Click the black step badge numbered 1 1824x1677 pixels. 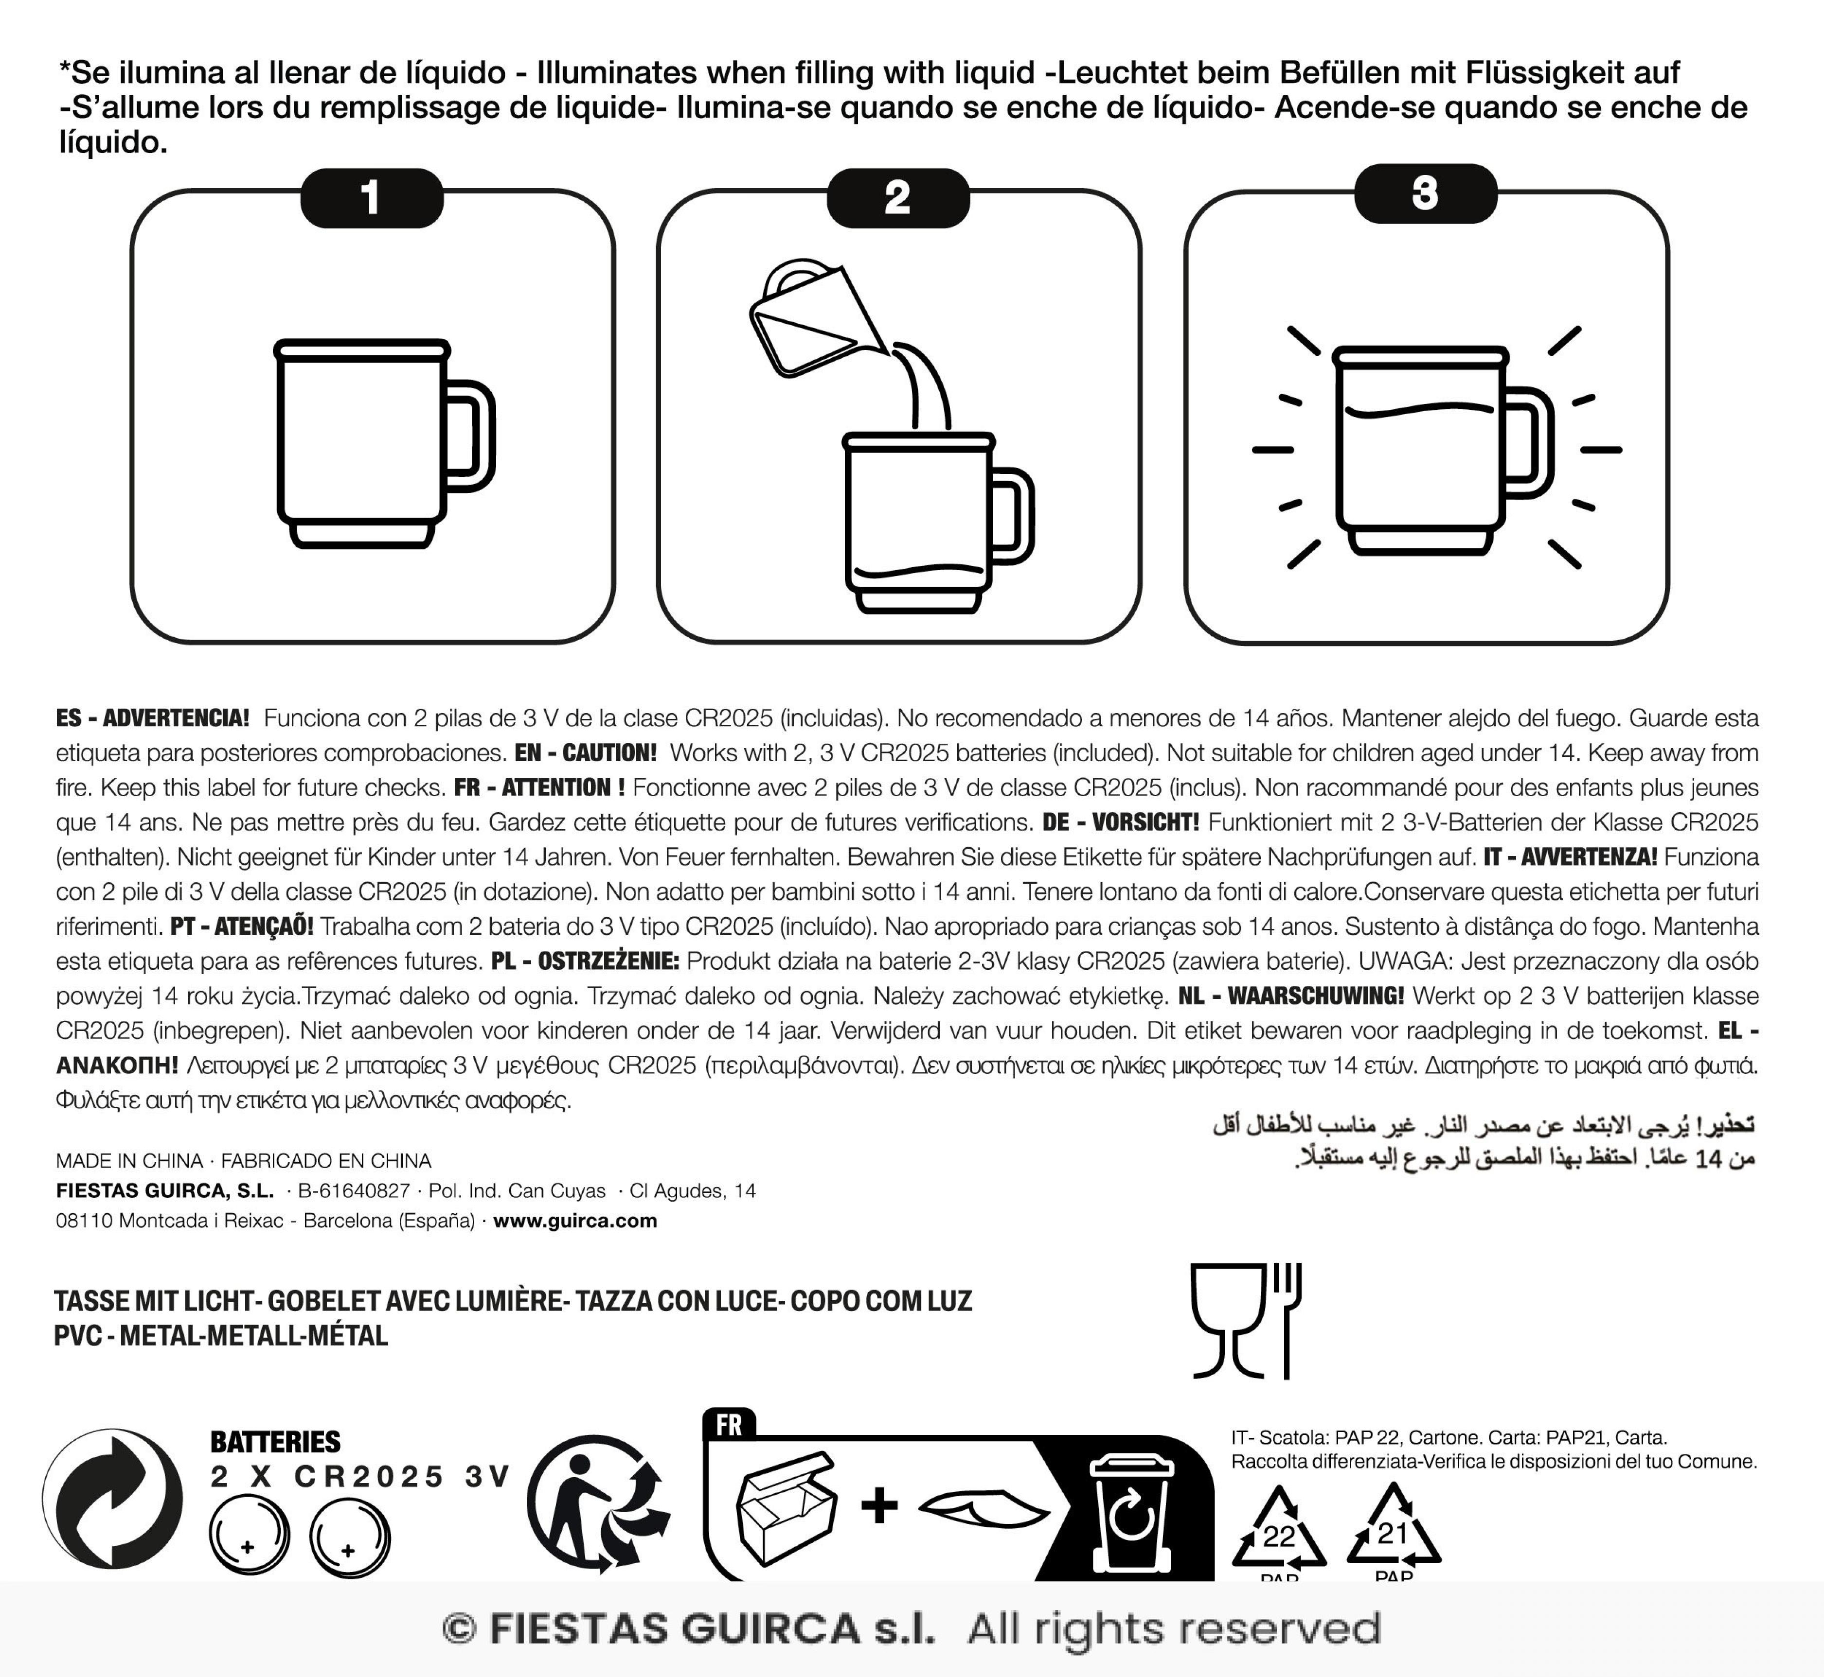(x=371, y=197)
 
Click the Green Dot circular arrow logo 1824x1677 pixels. (x=112, y=1499)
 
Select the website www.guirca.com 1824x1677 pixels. (x=575, y=1221)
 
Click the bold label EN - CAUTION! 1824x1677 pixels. (x=585, y=753)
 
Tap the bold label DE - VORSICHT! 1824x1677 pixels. (x=1120, y=822)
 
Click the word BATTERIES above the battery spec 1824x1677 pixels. (x=275, y=1441)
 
